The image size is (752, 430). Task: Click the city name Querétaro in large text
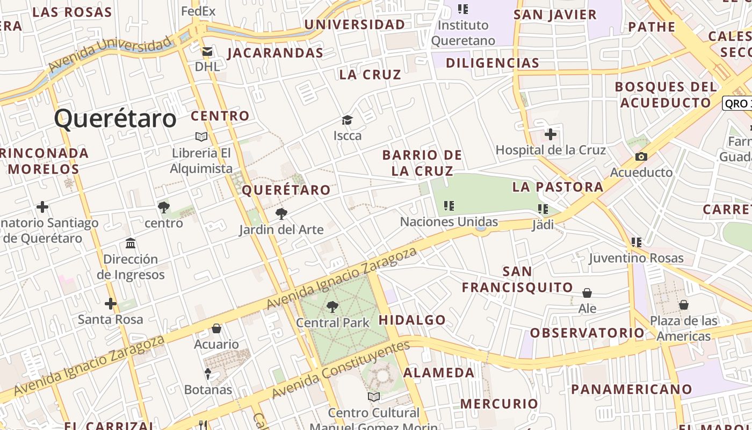(x=115, y=119)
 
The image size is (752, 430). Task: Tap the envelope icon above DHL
(x=207, y=52)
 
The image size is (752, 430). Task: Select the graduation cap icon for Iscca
(x=348, y=120)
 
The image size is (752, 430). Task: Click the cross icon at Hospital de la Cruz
(x=550, y=134)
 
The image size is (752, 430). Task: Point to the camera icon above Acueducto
(x=641, y=157)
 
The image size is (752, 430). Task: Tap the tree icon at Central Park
(x=332, y=307)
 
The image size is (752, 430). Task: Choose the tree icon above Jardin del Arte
(x=281, y=214)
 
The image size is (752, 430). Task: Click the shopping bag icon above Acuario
(x=216, y=328)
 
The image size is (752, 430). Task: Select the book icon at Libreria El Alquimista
(x=201, y=137)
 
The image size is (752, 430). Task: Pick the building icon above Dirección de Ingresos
(x=131, y=243)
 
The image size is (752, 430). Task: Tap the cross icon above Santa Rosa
(x=111, y=304)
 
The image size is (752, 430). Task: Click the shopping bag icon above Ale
(x=587, y=293)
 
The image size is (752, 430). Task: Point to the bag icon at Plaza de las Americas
(x=684, y=305)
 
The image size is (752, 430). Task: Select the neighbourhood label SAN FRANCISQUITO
(x=518, y=279)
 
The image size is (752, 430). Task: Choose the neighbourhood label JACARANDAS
(x=275, y=53)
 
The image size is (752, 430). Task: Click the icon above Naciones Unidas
(x=449, y=205)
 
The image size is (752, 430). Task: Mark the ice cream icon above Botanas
(x=208, y=374)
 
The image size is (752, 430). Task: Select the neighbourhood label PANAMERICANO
(x=631, y=389)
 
